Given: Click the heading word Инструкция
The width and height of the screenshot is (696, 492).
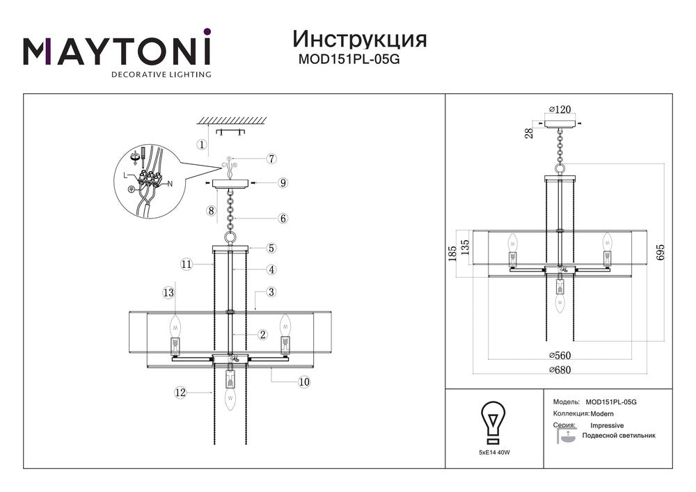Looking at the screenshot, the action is (360, 40).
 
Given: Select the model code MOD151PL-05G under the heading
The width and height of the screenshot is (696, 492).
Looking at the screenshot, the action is (349, 59).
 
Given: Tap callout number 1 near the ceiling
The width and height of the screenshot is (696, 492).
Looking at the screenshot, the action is (202, 144).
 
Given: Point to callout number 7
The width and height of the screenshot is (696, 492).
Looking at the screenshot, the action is (271, 159).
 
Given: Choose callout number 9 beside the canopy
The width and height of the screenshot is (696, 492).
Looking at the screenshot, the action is (283, 183).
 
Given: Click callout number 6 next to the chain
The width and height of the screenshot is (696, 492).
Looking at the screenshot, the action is (283, 219).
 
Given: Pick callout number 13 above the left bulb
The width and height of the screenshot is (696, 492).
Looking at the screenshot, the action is (168, 293).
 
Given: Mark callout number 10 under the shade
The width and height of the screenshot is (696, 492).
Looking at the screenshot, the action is (304, 382).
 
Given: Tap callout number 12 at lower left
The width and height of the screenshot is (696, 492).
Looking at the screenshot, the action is (180, 392).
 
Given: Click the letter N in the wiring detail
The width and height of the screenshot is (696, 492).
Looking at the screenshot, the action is (170, 184).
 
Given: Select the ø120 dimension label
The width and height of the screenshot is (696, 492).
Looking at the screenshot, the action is (560, 109).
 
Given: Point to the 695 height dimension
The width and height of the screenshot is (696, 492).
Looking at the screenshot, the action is (660, 252).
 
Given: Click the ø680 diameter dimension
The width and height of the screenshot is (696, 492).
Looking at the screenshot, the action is (560, 370).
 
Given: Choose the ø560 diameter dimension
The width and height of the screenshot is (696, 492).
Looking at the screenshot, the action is (560, 356).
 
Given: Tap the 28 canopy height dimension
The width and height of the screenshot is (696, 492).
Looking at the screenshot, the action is (529, 134).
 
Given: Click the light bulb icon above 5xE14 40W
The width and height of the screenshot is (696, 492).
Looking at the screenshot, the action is (493, 422).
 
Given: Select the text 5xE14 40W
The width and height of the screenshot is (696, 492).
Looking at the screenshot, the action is (494, 452).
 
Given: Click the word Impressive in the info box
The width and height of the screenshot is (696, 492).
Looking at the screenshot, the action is (607, 425).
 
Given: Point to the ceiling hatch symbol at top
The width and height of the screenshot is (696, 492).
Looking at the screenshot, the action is (232, 120).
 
